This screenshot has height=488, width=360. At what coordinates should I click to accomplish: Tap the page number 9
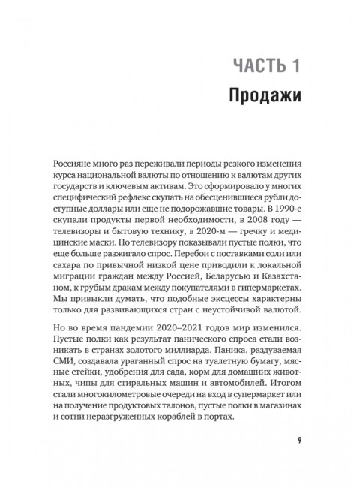pyautogui.click(x=298, y=439)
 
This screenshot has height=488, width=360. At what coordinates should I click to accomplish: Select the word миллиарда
pyautogui.click(x=199, y=357)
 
